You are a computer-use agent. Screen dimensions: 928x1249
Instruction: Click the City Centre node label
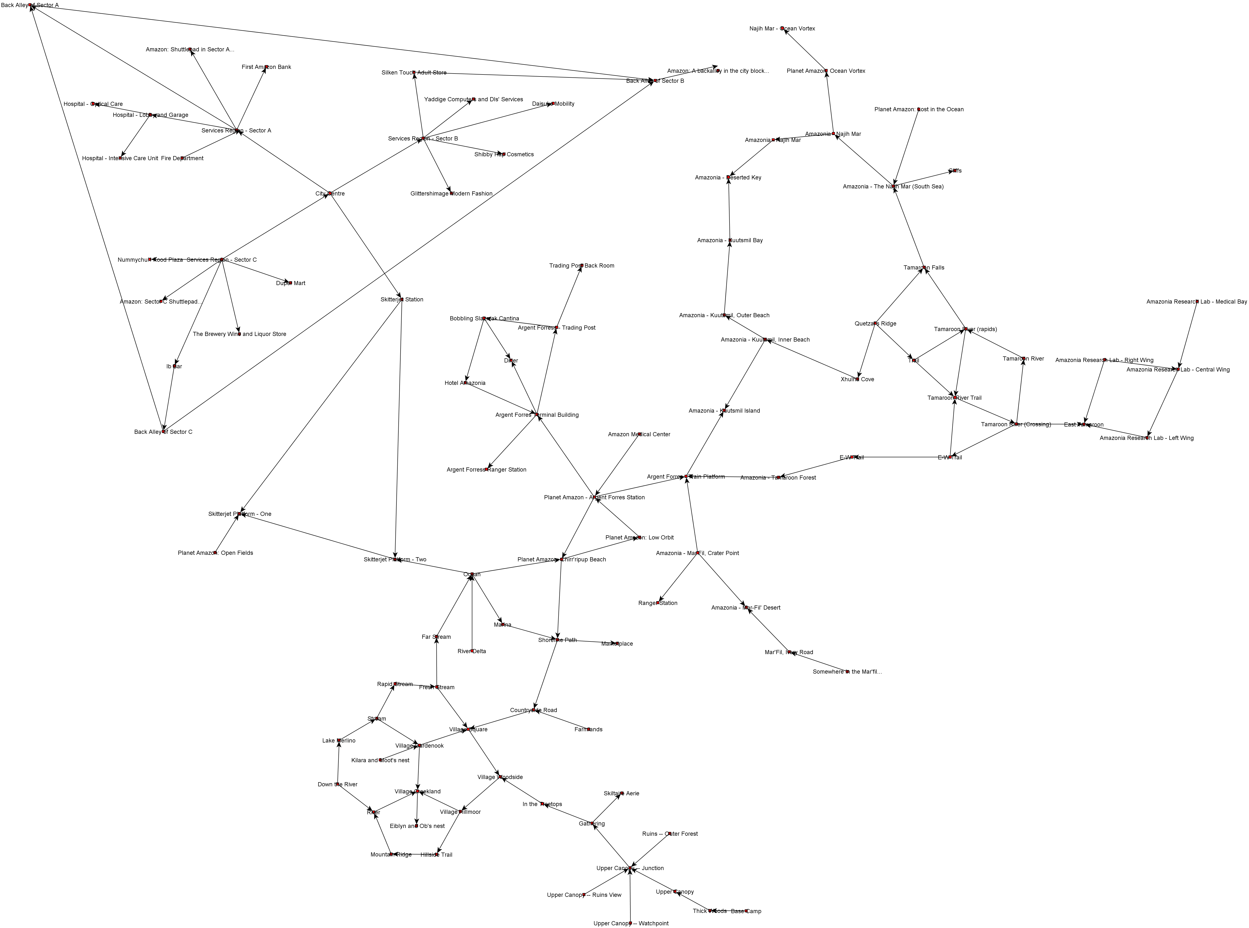[330, 194]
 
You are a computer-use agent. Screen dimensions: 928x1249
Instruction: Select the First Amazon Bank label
[266, 67]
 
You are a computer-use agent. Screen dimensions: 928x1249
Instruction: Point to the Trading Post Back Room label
[582, 266]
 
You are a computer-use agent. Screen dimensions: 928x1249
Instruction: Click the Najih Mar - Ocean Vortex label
[782, 29]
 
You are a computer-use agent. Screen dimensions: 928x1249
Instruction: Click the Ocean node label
[472, 574]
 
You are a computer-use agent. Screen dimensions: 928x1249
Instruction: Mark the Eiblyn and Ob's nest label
[417, 826]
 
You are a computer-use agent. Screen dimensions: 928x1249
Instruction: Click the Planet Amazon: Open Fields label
[215, 553]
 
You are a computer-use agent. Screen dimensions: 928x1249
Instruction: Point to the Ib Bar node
[174, 366]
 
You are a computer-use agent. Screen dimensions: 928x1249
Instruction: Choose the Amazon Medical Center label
[639, 434]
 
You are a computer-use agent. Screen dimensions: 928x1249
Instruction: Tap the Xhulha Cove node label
[857, 379]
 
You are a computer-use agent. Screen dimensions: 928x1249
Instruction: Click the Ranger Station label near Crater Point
[658, 603]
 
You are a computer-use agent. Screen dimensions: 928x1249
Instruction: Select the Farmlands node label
[588, 729]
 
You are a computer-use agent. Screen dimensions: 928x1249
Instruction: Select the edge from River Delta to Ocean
[472, 612]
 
